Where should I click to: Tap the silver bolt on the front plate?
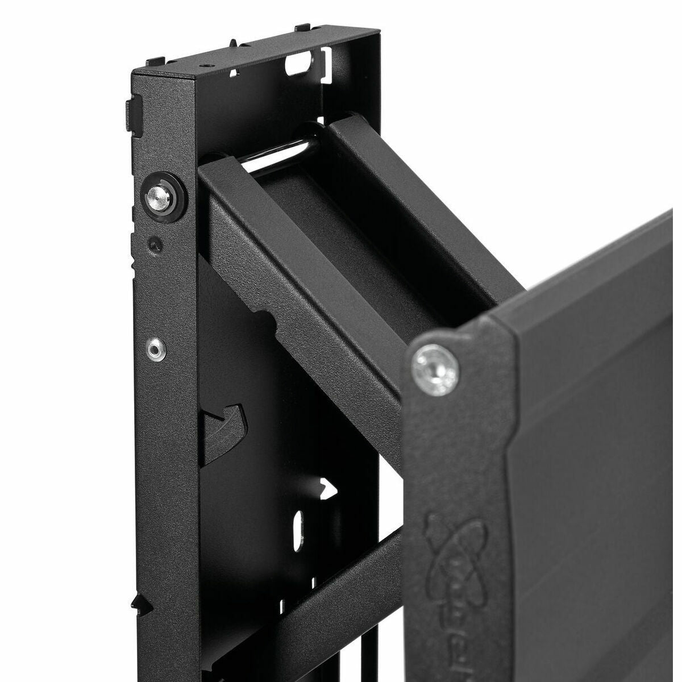434,366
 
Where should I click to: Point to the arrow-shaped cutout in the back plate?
327,490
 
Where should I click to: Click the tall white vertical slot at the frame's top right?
326,67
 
